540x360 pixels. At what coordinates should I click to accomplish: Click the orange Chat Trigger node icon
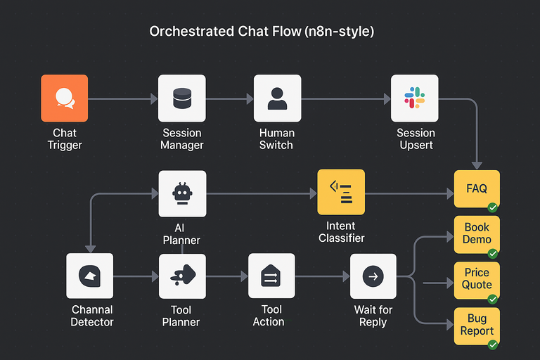click(65, 98)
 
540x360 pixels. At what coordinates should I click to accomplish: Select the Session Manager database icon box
click(182, 98)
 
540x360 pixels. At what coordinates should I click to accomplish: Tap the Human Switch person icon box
click(277, 98)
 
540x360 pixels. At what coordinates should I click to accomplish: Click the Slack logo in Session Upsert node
click(415, 98)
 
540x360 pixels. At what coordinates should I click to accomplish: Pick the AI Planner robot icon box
click(182, 193)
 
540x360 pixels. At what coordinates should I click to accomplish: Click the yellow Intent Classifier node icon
click(341, 192)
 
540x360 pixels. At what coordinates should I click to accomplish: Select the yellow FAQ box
click(477, 188)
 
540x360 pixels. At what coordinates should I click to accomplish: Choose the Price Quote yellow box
click(477, 279)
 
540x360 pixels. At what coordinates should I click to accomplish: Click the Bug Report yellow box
click(477, 325)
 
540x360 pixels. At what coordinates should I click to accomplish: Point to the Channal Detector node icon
click(89, 276)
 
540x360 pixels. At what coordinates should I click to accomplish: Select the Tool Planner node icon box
click(182, 276)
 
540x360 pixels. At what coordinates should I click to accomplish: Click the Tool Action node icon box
click(271, 276)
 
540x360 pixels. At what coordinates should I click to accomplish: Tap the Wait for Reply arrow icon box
click(373, 276)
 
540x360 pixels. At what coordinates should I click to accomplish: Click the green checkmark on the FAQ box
click(493, 207)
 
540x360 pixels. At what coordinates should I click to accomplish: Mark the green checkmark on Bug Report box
click(493, 345)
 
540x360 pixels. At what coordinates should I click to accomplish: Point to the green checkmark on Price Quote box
click(493, 299)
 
